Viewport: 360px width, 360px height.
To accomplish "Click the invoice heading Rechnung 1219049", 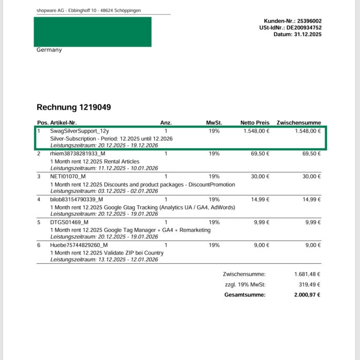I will point(74,107).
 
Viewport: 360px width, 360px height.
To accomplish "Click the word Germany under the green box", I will point(49,50).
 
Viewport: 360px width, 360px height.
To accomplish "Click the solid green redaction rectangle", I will point(93,32).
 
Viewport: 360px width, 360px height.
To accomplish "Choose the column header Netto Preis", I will point(255,123).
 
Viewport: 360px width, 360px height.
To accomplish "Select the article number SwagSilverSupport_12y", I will point(79,131).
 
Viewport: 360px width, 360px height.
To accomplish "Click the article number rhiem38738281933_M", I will point(78,154).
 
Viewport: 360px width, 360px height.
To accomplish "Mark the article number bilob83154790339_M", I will point(77,200).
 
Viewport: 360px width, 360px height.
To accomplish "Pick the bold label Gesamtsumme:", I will point(245,295).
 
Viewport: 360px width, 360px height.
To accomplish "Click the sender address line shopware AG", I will point(89,10).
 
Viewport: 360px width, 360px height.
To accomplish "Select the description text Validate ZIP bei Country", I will point(132,253).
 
